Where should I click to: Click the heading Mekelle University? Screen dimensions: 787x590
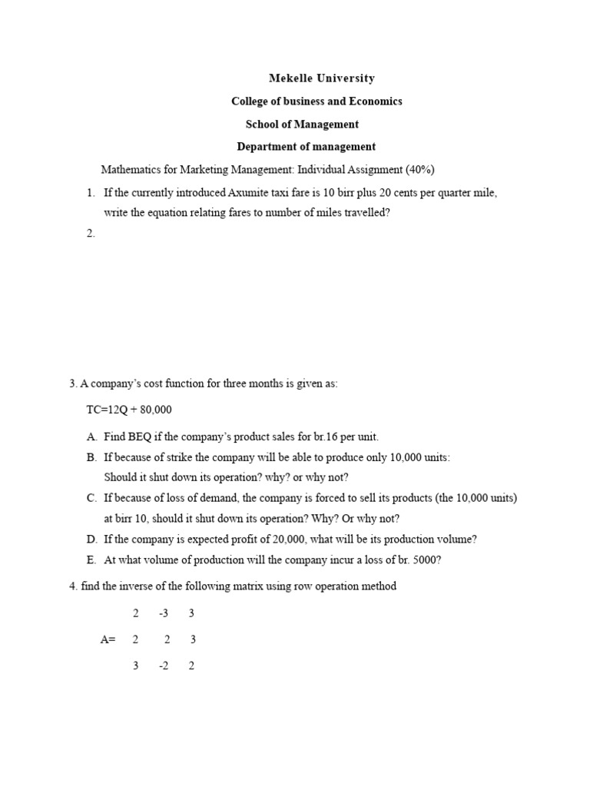click(322, 78)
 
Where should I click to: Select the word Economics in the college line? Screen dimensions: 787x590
click(376, 101)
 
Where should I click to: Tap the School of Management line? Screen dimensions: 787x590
click(302, 124)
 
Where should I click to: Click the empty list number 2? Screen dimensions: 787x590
click(91, 234)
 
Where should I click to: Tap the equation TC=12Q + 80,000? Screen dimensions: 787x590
click(134, 410)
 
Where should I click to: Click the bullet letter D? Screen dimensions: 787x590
click(91, 540)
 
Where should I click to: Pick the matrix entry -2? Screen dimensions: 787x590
click(164, 666)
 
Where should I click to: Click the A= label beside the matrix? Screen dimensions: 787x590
click(108, 639)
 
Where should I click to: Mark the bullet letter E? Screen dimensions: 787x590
click(91, 560)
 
